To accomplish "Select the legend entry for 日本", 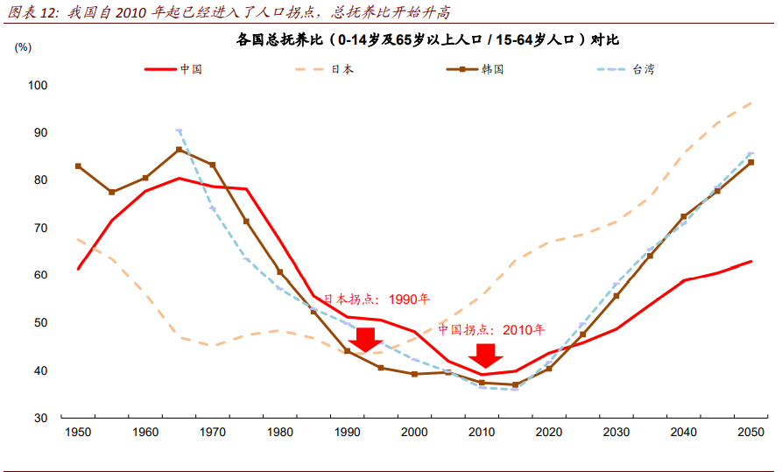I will [x=342, y=69].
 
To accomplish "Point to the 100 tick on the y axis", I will [x=38, y=85].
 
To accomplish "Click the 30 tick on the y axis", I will [x=41, y=418].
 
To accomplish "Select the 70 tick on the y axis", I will [x=41, y=228].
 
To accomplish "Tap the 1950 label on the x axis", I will [x=78, y=433].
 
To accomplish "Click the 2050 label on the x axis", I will [x=750, y=433].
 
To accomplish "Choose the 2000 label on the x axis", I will [x=414, y=433].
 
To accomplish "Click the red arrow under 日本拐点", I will [x=366, y=339].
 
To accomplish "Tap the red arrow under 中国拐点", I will [x=484, y=355].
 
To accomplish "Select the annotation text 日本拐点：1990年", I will [x=377, y=299].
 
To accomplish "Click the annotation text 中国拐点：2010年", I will [x=491, y=330].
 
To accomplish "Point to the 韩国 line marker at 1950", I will [x=78, y=166].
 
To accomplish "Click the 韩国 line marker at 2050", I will [x=750, y=163].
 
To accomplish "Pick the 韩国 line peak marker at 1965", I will [x=180, y=150].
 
